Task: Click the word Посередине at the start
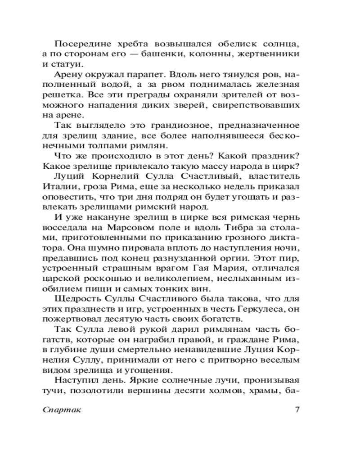[x=79, y=45]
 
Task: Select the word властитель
[x=273, y=175]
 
